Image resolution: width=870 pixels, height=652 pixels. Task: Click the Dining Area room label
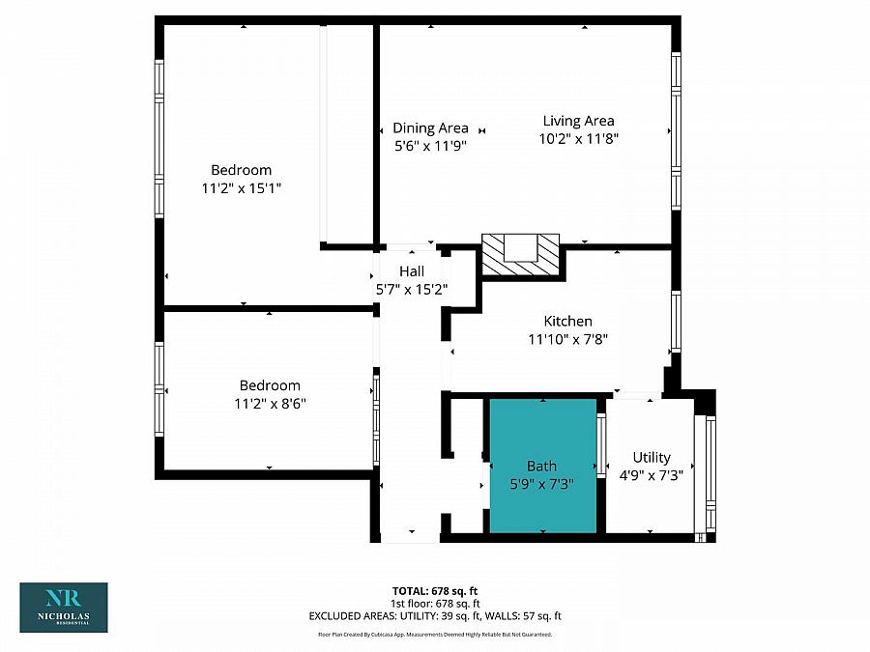[430, 128]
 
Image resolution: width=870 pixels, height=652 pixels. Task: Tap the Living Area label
[578, 121]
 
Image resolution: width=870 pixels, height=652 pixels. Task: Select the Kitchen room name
[567, 321]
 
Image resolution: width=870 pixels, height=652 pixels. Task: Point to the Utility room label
[651, 457]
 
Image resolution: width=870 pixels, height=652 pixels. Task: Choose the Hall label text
[411, 271]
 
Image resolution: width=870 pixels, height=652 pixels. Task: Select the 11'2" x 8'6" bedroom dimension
[270, 403]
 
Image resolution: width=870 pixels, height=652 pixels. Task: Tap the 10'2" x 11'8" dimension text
[578, 138]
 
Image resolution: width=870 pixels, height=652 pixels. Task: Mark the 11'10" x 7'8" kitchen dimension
[567, 338]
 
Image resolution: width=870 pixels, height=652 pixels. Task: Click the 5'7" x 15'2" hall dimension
[411, 289]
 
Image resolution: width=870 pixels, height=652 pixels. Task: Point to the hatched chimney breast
[521, 256]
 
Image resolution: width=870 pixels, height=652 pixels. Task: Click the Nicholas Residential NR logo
[64, 607]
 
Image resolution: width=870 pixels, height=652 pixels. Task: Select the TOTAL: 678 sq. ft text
[434, 589]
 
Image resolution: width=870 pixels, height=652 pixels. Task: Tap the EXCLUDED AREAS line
[434, 615]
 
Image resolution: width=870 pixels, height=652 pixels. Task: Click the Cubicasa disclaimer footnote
[434, 635]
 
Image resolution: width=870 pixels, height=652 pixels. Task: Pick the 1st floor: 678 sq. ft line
[434, 603]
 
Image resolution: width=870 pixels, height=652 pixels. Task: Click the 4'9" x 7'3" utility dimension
[651, 474]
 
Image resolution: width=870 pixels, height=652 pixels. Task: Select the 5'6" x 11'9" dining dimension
[430, 146]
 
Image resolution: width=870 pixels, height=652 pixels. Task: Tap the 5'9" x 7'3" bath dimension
[541, 484]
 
